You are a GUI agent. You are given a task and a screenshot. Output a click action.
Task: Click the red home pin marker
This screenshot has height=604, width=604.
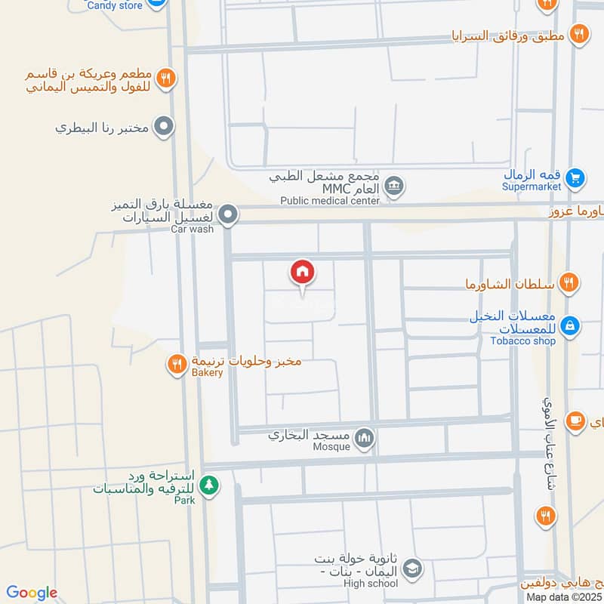coord(303,273)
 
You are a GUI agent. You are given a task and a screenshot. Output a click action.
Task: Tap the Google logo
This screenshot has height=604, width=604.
coord(32,593)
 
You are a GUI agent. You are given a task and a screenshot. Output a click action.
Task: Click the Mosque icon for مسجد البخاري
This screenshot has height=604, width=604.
coord(365,437)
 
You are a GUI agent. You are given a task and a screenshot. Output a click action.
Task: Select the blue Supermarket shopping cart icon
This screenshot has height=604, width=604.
coord(576,178)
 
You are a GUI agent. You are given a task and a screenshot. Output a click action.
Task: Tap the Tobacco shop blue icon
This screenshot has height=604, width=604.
coord(571,325)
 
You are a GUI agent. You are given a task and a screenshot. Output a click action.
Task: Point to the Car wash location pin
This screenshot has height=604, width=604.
coord(230,215)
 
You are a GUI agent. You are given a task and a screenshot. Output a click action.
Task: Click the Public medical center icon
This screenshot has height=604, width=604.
coord(393,185)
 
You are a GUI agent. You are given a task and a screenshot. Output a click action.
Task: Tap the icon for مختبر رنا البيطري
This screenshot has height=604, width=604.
coord(162,127)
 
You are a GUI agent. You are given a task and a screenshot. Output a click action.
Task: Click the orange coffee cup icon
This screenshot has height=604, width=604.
coord(575,420)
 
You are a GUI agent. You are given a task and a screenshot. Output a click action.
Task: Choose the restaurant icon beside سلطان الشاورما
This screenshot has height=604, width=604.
coord(571,283)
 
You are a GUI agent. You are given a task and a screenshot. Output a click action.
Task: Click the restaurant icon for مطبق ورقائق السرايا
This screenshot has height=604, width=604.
coord(579,33)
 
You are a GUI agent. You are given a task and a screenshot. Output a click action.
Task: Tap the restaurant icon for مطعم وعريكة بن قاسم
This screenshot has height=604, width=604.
coord(167,77)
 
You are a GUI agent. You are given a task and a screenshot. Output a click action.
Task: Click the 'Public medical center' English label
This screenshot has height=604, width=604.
coord(330,201)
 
